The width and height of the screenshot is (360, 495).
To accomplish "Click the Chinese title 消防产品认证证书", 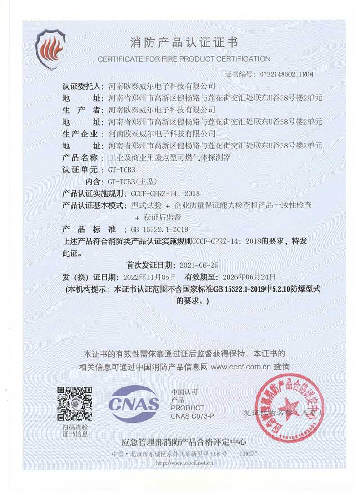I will (x=184, y=43).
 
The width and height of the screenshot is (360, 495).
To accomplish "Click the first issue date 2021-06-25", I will (x=199, y=265).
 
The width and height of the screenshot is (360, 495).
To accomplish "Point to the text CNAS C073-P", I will (x=193, y=416).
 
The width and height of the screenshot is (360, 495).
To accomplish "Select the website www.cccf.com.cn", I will (x=241, y=367).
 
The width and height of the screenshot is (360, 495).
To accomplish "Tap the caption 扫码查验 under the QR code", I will (x=75, y=427).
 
